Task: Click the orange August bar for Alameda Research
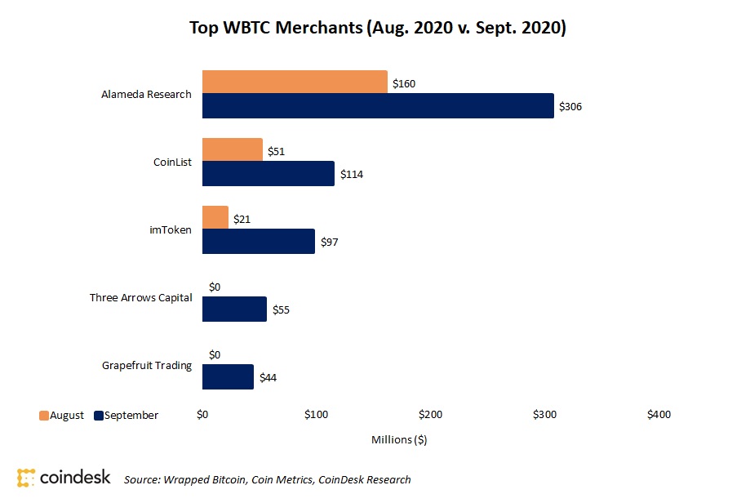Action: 295,82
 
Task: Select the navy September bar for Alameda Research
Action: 378,105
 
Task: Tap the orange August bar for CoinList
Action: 233,149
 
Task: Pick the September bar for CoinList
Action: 268,173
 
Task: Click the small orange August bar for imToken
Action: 215,217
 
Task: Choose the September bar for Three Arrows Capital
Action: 234,309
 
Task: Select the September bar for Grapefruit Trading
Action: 228,376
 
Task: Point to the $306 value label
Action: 570,106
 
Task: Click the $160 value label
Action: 404,83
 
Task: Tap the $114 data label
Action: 351,174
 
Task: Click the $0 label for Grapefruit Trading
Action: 215,354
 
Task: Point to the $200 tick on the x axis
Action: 431,415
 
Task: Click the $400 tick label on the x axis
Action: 659,415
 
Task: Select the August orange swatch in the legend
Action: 43,415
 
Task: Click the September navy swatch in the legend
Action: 100,415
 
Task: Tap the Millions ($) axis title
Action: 399,439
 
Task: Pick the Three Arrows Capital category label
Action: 140,297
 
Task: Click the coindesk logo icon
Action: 26,478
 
